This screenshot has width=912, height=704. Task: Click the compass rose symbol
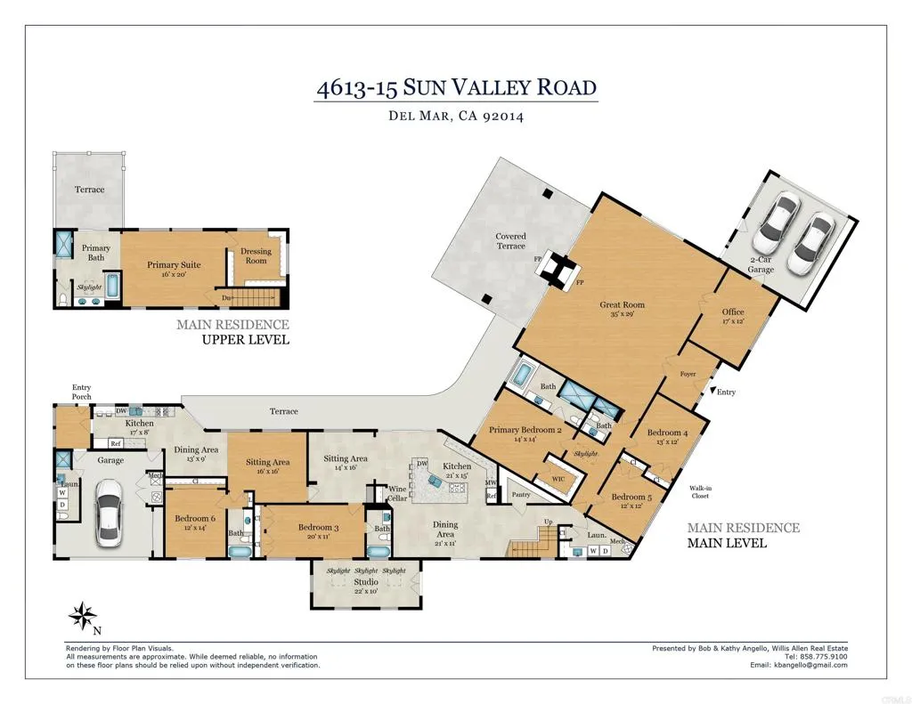(x=82, y=615)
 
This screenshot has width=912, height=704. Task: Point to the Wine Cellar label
(x=397, y=493)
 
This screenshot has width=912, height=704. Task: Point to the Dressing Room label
(x=256, y=256)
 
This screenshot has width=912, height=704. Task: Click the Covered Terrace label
(x=510, y=241)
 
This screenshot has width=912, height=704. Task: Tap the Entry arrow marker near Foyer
(x=711, y=392)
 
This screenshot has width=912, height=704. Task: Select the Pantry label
(x=520, y=495)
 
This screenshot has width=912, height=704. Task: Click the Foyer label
(x=687, y=375)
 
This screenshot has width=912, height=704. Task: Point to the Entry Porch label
(x=81, y=392)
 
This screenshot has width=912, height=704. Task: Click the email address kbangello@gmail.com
(x=811, y=665)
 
